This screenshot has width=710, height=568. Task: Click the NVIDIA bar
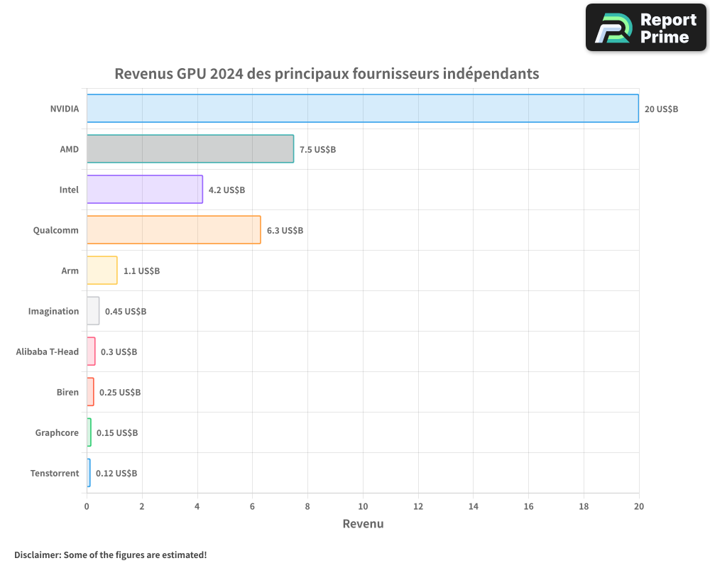pyautogui.click(x=362, y=109)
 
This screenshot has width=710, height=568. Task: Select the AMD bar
pyautogui.click(x=190, y=149)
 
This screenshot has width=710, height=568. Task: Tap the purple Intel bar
pyautogui.click(x=145, y=190)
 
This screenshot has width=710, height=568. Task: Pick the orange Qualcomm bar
pyautogui.click(x=174, y=230)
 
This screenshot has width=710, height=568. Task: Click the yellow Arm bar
pyautogui.click(x=102, y=271)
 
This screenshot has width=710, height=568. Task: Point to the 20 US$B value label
pyautogui.click(x=661, y=109)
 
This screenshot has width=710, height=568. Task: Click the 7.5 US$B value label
pyautogui.click(x=317, y=150)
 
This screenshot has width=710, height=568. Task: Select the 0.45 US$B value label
pyautogui.click(x=126, y=312)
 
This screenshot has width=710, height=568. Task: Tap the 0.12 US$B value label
pyautogui.click(x=116, y=474)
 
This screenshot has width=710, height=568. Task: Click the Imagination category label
pyautogui.click(x=53, y=312)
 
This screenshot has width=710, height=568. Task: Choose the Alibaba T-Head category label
pyautogui.click(x=48, y=352)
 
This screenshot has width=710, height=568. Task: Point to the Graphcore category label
pyautogui.click(x=57, y=433)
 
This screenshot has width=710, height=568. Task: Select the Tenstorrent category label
pyautogui.click(x=55, y=474)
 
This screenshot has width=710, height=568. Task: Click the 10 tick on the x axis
pyautogui.click(x=363, y=506)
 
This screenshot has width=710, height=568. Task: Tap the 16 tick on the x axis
pyautogui.click(x=528, y=506)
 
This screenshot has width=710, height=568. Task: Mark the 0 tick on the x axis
pyautogui.click(x=87, y=506)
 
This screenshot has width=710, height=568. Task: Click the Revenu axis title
pyautogui.click(x=363, y=524)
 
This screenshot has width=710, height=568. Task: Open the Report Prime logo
pyautogui.click(x=645, y=28)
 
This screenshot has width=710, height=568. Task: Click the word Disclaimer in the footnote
pyautogui.click(x=37, y=555)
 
